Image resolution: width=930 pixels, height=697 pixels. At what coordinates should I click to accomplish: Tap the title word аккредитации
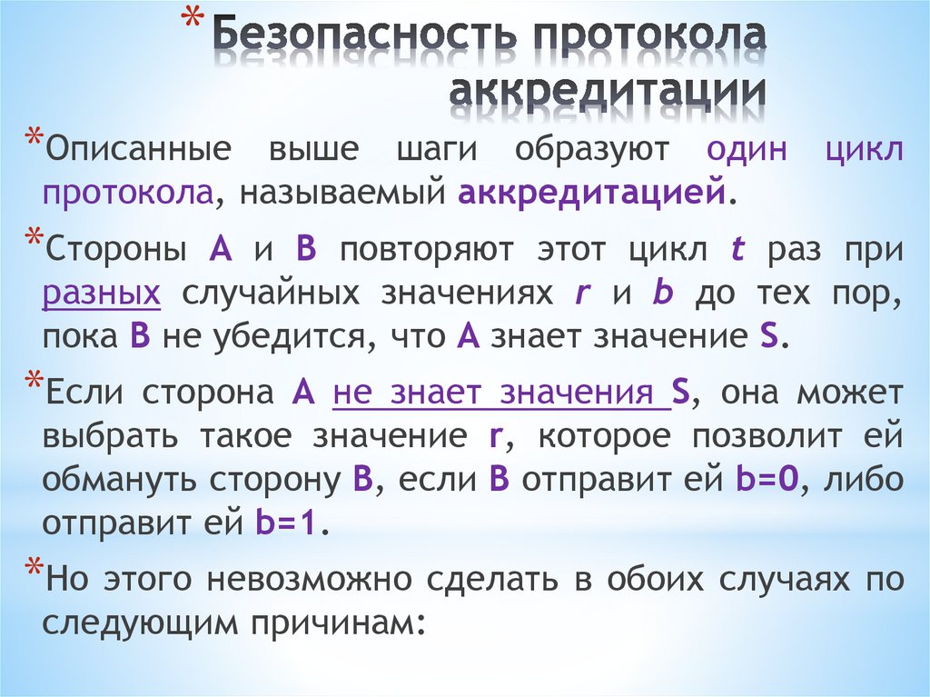tap(606, 93)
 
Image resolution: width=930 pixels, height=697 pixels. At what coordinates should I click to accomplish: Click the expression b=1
tap(285, 524)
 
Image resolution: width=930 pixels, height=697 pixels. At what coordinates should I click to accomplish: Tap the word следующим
tap(143, 623)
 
